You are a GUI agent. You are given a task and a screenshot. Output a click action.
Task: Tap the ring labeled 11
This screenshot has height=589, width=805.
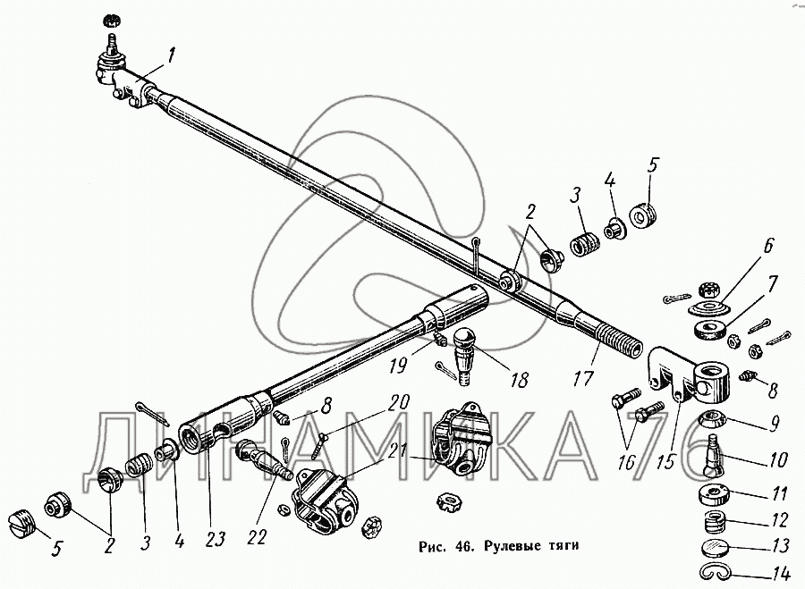(x=712, y=495)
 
